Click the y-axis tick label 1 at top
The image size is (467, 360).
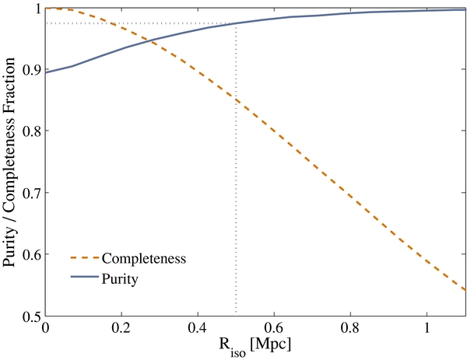click(36, 9)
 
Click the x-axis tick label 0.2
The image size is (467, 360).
click(121, 327)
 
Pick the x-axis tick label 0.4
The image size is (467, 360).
click(198, 327)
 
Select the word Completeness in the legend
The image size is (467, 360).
click(147, 258)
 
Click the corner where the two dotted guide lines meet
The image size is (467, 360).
click(236, 23)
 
